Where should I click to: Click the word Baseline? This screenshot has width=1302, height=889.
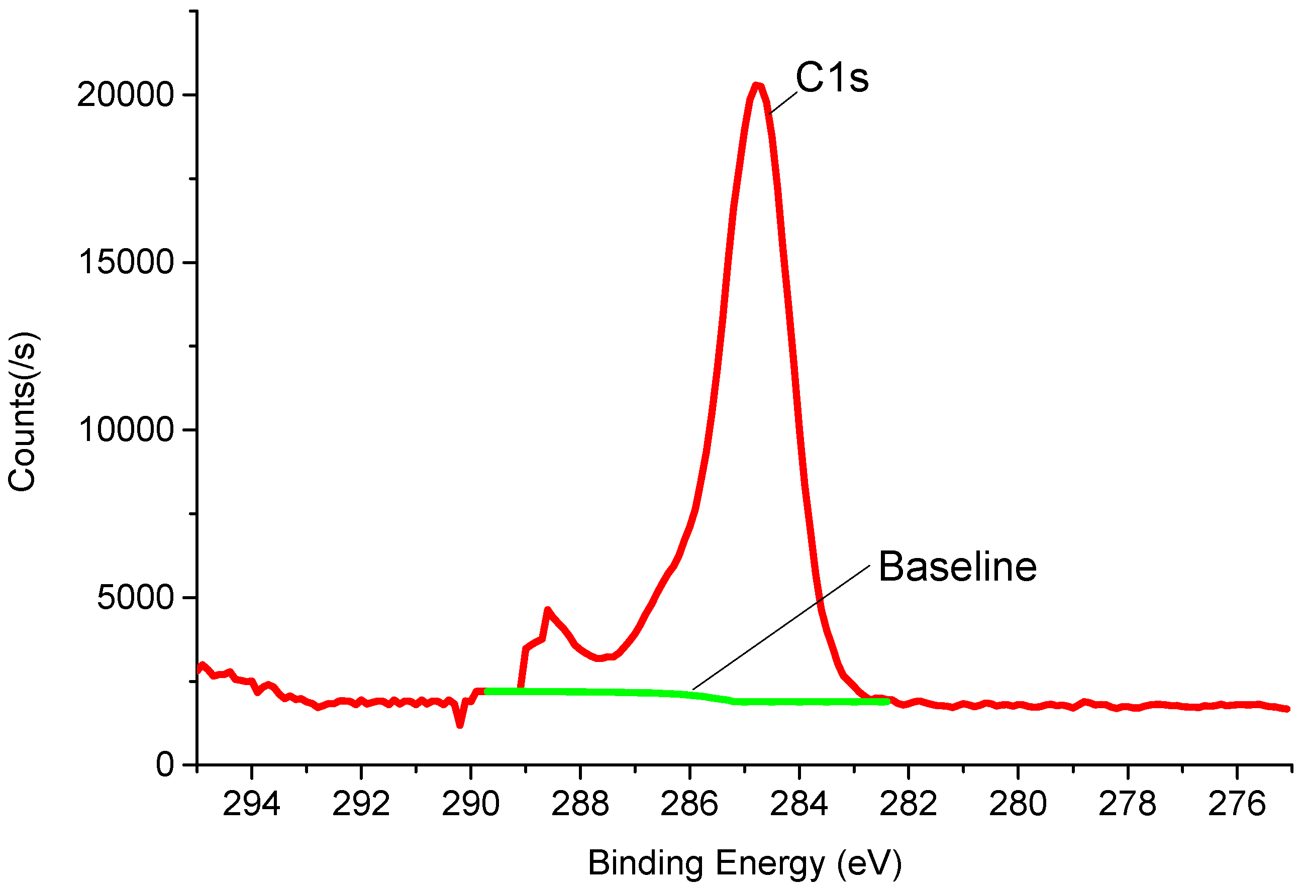coord(957,567)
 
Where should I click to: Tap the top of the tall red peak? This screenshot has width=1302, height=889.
coord(757,86)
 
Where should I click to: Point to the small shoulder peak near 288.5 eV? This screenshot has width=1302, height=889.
coord(547,610)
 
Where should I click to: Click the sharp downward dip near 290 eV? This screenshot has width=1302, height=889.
coord(460,725)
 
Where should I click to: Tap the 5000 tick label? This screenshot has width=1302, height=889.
coord(135,597)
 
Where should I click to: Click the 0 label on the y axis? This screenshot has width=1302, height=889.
coord(165,765)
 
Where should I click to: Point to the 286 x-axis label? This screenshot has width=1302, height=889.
coord(689,805)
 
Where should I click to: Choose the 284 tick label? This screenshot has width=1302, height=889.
coord(798,805)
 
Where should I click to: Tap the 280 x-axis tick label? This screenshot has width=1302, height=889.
coord(1018,805)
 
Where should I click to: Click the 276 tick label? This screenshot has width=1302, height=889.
coord(1237,805)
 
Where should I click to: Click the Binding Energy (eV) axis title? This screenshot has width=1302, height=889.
coord(745,863)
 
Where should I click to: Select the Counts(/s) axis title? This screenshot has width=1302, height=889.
coord(23,412)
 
